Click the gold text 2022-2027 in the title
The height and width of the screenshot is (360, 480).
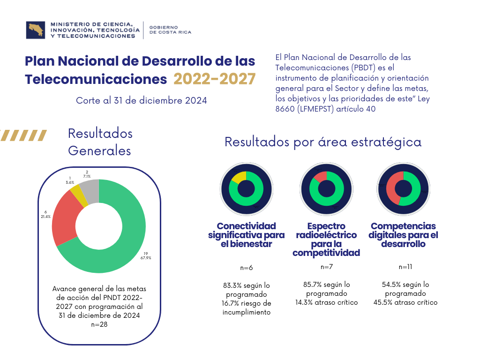pos(215,79)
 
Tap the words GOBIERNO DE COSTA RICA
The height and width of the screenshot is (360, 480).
pos(170,30)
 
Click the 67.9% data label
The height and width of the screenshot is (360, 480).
pos(146,255)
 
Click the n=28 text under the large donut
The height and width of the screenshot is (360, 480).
pos(99,324)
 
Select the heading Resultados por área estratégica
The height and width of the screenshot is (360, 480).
pos(323,142)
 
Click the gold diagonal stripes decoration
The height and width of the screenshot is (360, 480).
pos(23,135)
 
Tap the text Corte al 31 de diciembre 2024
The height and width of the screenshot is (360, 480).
pos(141,100)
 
